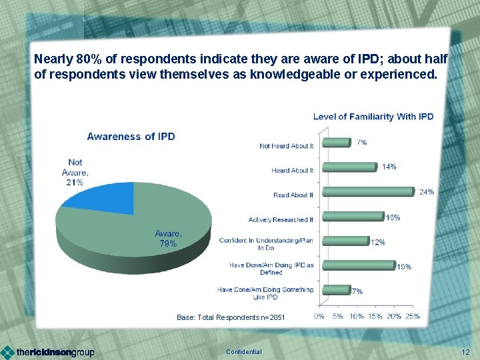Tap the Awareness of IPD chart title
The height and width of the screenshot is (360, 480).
131,137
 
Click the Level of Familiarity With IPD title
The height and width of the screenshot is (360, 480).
373,117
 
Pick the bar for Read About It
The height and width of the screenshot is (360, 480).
367,192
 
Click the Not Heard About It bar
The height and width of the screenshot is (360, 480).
336,142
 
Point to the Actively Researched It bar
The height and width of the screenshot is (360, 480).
353,217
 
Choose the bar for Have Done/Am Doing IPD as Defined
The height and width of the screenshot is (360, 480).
358,265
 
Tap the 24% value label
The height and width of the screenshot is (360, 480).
427,192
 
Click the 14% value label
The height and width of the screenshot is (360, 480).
389,167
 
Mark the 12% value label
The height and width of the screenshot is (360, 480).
377,242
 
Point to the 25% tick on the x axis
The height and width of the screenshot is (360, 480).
413,316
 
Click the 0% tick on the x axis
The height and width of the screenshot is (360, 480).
319,316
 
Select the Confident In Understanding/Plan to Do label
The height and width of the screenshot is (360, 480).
266,243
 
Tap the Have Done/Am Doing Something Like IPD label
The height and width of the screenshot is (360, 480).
265,293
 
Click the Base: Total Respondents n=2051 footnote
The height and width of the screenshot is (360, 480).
231,317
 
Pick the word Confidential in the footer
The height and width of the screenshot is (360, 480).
244,352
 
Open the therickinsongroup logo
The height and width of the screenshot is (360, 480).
48,351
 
